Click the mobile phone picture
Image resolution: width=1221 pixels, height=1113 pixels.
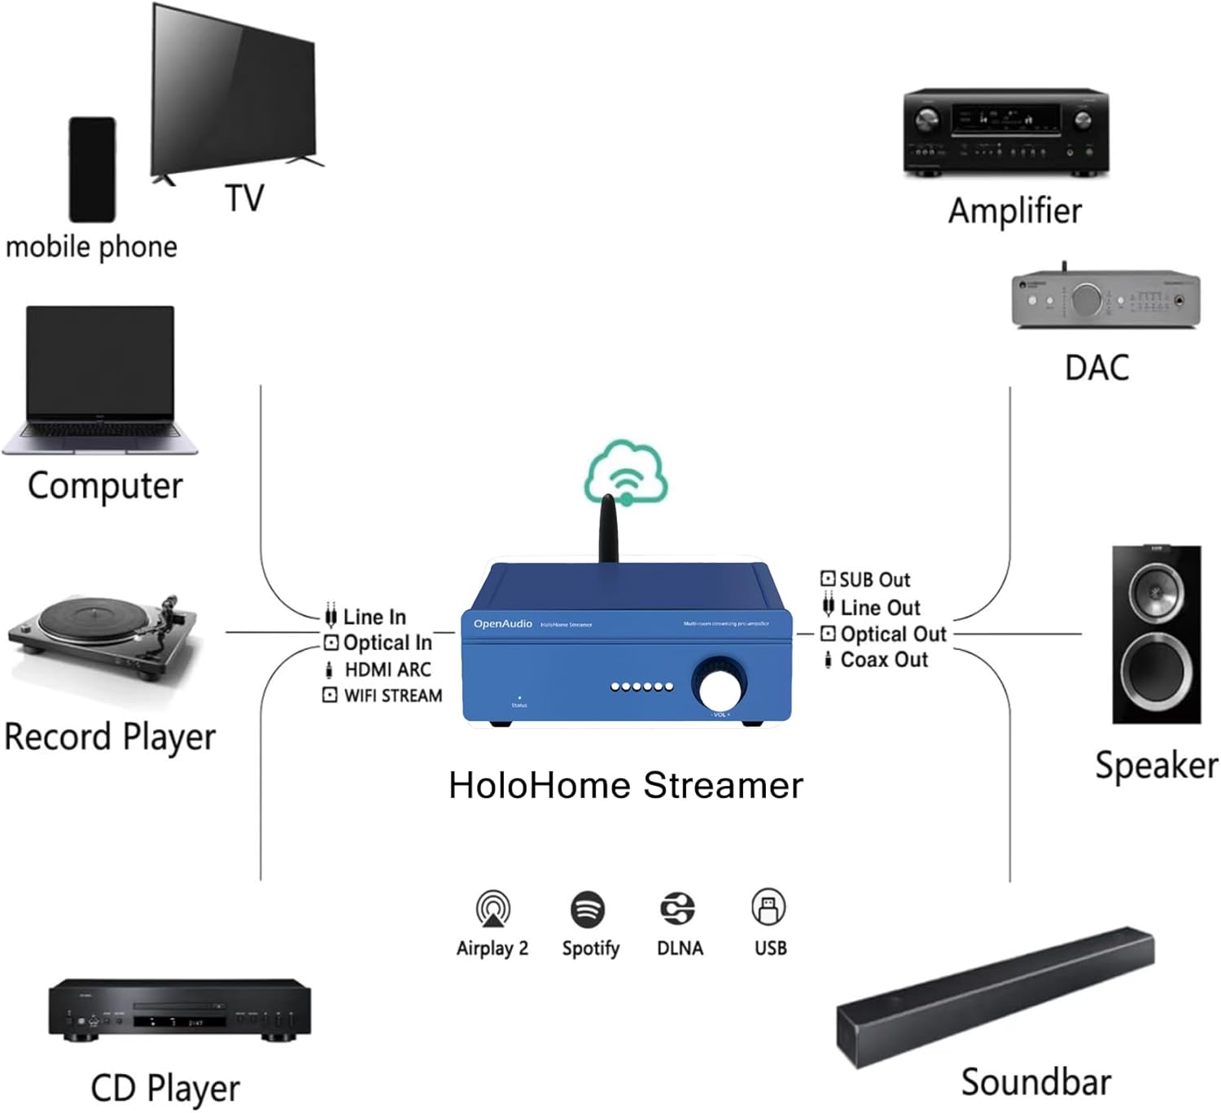(x=92, y=169)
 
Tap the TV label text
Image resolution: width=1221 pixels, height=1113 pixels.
(x=244, y=199)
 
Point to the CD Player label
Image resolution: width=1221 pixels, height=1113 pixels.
(x=165, y=1088)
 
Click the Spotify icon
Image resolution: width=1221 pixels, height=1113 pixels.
(x=588, y=910)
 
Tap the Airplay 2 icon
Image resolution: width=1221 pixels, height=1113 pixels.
(x=492, y=909)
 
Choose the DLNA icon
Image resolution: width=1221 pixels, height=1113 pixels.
(x=677, y=909)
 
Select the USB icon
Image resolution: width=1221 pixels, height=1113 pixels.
(x=768, y=907)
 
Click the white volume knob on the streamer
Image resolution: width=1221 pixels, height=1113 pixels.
(x=720, y=688)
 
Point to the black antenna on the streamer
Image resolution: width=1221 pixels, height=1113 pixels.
(x=608, y=529)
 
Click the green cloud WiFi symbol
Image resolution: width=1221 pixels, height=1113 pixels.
(x=626, y=474)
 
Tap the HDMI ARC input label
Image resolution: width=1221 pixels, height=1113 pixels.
(x=387, y=670)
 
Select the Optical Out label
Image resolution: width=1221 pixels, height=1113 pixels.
(x=893, y=634)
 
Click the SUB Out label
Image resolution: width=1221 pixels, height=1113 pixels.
(x=874, y=579)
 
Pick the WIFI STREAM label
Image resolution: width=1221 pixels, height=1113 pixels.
(x=393, y=696)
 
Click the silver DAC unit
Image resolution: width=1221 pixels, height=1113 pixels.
(x=1105, y=299)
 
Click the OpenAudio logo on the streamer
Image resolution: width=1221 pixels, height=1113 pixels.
(x=503, y=624)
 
